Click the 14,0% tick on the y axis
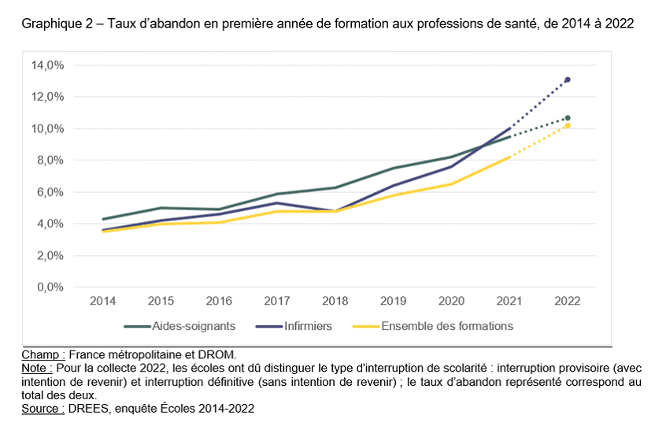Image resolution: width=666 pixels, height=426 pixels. pyautogui.click(x=46, y=65)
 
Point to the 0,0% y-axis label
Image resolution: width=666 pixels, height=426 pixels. pyautogui.click(x=49, y=287)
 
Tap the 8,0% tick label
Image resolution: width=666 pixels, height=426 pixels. pyautogui.click(x=49, y=160)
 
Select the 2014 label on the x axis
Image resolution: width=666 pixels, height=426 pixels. pyautogui.click(x=102, y=302)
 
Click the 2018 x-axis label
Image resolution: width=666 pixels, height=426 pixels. pyautogui.click(x=335, y=302)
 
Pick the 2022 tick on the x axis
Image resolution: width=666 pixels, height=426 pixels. pyautogui.click(x=568, y=302)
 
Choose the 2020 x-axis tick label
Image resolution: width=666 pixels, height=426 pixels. pyautogui.click(x=451, y=302)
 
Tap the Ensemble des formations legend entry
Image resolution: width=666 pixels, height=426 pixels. pyautogui.click(x=446, y=326)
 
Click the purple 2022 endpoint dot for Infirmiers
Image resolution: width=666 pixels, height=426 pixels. pyautogui.click(x=568, y=80)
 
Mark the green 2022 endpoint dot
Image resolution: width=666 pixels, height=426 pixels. pyautogui.click(x=568, y=118)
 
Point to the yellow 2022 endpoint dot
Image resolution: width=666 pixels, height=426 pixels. pyautogui.click(x=568, y=126)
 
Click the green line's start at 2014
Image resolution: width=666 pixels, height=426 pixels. pyautogui.click(x=103, y=219)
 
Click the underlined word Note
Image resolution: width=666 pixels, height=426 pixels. pyautogui.click(x=35, y=368)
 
